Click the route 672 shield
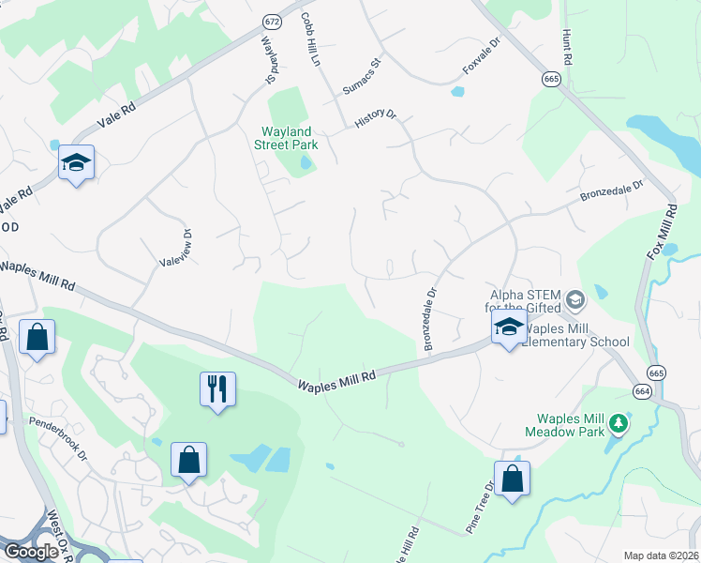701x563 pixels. tap(272, 21)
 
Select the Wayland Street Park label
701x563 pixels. tap(286, 139)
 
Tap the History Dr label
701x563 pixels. tap(377, 118)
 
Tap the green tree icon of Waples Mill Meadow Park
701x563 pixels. tap(618, 424)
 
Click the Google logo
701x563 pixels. tap(31, 551)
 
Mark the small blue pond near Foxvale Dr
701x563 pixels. tap(457, 92)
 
